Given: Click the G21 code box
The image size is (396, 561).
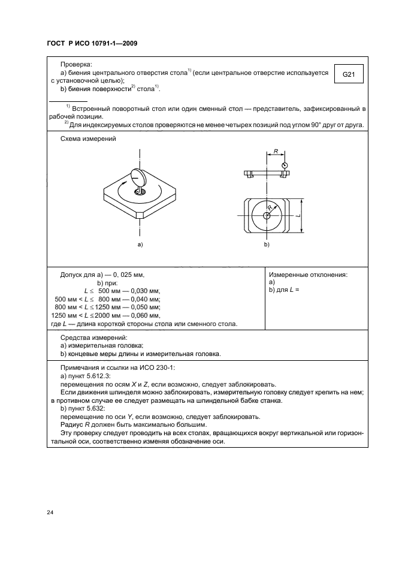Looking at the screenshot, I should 349,75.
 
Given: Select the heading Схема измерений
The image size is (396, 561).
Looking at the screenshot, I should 88,139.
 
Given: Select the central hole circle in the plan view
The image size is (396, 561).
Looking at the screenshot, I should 266,215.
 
